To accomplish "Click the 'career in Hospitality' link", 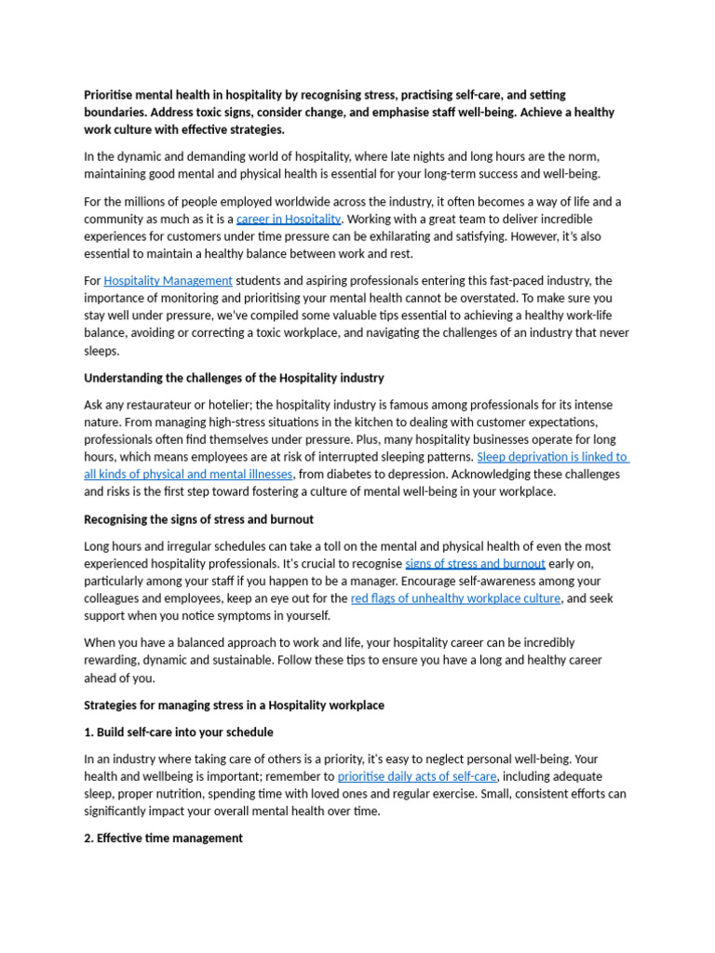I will pos(289,220).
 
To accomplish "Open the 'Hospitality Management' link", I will pos(168,281).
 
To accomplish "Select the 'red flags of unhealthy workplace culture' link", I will pos(455,598).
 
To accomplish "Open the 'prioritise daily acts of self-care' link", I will pos(417,777).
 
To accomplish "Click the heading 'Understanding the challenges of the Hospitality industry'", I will pos(234,378).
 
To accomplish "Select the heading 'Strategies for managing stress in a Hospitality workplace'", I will pos(234,705).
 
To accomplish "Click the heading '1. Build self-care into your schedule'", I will pos(179,732).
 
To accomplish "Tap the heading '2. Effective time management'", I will pos(163,839).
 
